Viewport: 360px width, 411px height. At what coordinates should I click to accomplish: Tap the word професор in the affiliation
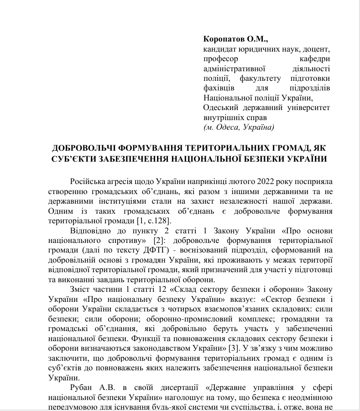click(220, 59)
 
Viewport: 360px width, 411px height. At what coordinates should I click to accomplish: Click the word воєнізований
click(199, 250)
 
